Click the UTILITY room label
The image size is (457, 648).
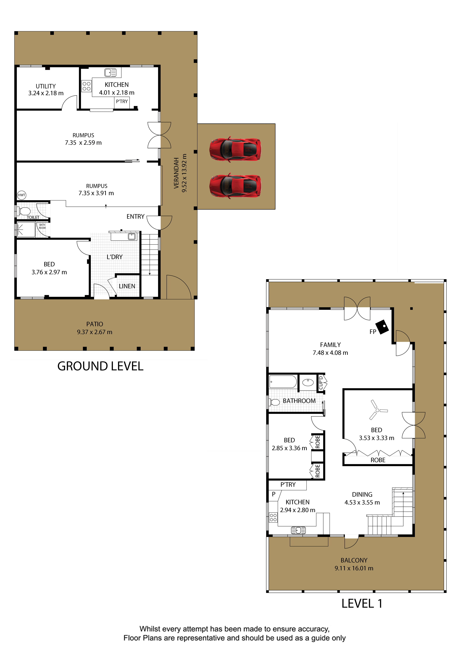(46, 86)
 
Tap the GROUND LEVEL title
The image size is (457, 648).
(100, 366)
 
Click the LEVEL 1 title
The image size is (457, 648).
(362, 603)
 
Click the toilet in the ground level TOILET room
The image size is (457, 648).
(25, 211)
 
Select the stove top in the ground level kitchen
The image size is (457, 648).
(87, 86)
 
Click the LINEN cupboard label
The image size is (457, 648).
(127, 286)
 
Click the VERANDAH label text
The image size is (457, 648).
(176, 173)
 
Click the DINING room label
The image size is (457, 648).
(362, 494)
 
